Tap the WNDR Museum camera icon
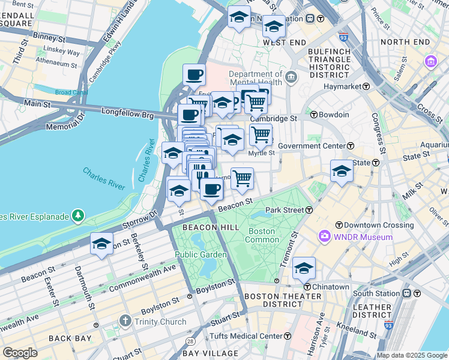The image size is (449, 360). click(325, 237)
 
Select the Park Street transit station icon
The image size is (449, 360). click(309, 210)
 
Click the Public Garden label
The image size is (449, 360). click(200, 254)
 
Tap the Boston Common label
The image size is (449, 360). click(261, 235)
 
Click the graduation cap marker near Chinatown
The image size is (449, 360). click(304, 269)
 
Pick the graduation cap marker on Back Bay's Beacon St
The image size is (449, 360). click(101, 244)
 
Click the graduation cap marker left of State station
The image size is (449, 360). click(342, 170)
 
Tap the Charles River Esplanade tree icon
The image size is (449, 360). click(77, 215)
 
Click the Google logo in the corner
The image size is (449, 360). click(20, 353)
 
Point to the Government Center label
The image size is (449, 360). click(312, 146)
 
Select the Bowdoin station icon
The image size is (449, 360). click(313, 115)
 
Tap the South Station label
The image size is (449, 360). click(376, 293)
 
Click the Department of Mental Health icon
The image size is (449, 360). click(291, 77)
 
